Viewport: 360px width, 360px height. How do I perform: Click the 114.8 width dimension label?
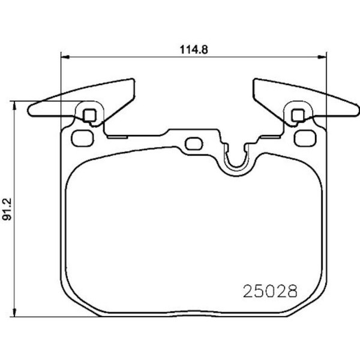(194, 49)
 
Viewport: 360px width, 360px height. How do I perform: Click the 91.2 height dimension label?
(7, 209)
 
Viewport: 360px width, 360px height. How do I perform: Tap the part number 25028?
(270, 292)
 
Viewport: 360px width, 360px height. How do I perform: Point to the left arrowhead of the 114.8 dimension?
(65, 57)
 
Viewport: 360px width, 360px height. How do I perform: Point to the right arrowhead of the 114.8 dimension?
(322, 57)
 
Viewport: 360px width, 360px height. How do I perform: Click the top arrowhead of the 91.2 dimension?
(14, 106)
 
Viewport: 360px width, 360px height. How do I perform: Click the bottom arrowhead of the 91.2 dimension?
(14, 313)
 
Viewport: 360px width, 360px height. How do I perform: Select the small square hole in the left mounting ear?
(89, 115)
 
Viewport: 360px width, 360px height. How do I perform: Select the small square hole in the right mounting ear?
(298, 115)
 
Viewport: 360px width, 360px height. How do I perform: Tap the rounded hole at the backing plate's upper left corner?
(83, 138)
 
